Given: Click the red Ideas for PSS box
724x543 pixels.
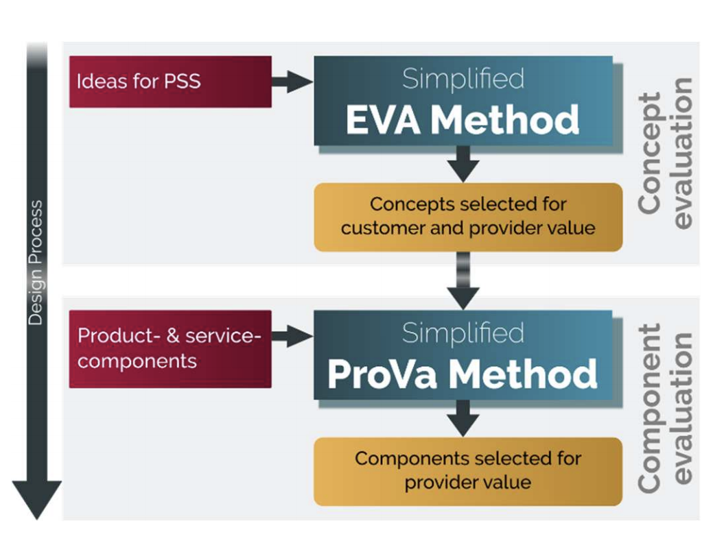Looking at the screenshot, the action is (170, 82).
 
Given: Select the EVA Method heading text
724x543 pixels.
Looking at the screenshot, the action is (463, 120).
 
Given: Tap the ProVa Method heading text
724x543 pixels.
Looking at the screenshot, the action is (463, 374).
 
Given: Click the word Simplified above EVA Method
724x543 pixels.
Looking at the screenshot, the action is (463, 78).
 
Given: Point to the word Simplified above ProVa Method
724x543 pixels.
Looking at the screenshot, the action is (463, 333).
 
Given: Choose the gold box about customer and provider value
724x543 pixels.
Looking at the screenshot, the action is (468, 217).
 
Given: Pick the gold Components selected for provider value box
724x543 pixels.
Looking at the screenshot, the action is (468, 472).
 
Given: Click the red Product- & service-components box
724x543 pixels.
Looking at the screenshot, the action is (170, 349).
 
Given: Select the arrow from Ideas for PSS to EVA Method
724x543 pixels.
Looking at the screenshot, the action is (292, 82).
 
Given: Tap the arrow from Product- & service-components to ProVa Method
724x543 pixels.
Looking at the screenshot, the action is (292, 336).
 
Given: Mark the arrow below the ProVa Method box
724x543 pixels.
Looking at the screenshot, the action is (463, 418).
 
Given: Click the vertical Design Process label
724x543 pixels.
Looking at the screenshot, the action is (36, 263).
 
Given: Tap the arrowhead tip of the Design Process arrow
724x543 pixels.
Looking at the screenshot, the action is (36, 520).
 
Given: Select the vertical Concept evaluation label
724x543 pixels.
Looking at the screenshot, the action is (666, 153).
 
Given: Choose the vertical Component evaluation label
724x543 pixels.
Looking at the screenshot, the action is (666, 408).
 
